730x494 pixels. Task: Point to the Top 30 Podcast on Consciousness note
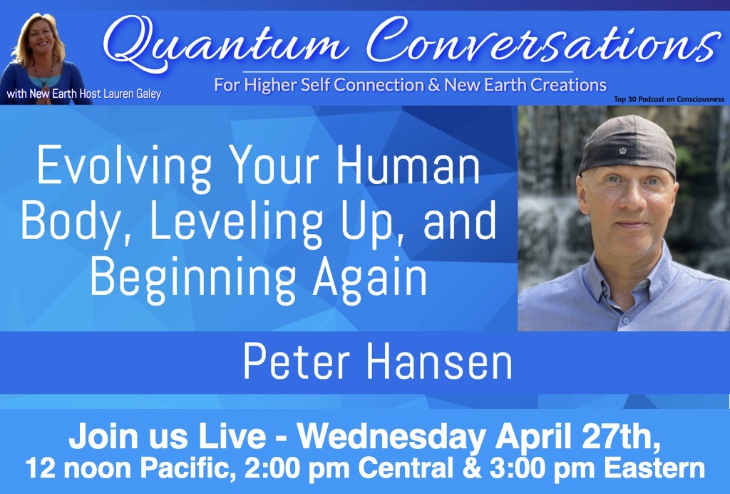coord(669,99)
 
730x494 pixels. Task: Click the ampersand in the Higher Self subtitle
coord(434,85)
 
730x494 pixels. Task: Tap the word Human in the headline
coord(408,166)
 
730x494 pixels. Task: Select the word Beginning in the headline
coord(192,278)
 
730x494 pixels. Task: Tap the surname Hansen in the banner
coord(439,362)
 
